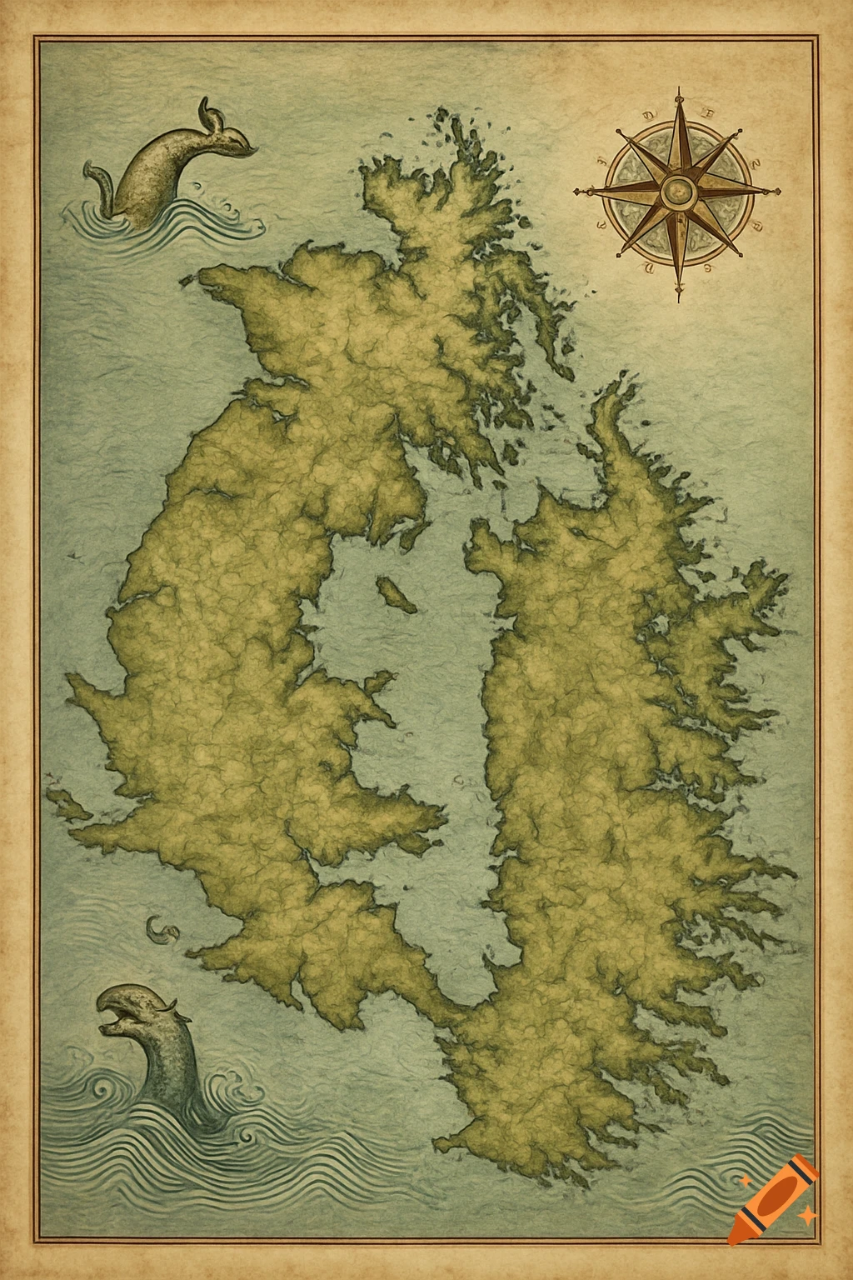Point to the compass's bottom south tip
tap(678, 298)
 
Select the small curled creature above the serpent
tap(160, 929)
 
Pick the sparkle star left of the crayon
tap(746, 1179)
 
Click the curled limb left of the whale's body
tap(97, 179)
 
